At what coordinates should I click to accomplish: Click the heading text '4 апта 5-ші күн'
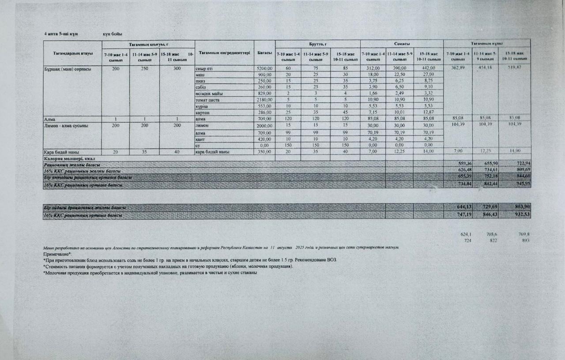point(61,34)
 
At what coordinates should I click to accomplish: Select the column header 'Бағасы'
point(264,53)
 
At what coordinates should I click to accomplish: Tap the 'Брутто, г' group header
point(318,44)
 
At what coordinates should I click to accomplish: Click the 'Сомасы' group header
point(402,44)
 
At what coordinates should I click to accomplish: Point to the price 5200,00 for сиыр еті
point(264,68)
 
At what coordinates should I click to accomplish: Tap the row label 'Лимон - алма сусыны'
point(66,126)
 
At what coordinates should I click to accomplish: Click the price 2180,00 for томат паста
point(264,100)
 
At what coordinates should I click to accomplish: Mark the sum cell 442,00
point(428,68)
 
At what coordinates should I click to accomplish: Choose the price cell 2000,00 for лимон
point(264,126)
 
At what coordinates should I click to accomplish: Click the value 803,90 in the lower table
point(520,207)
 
